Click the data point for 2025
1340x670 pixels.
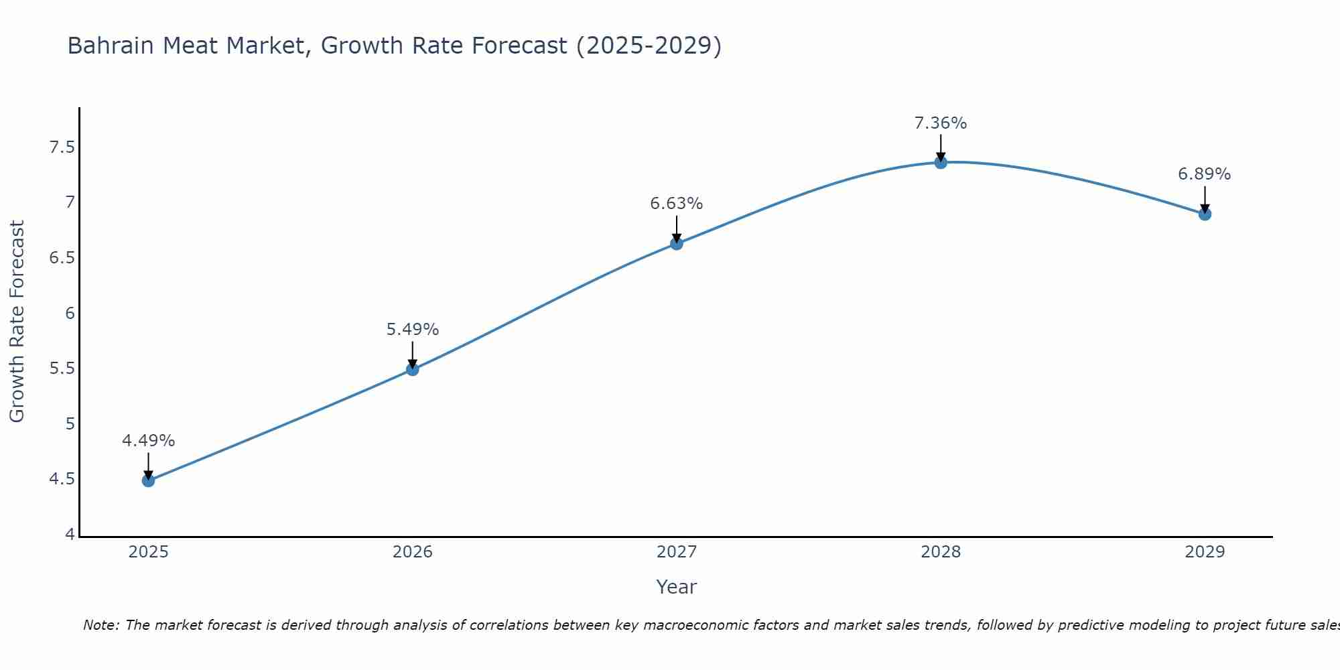click(148, 480)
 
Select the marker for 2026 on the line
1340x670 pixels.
click(412, 369)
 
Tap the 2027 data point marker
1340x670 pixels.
click(677, 243)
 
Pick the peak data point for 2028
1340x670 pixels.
click(941, 162)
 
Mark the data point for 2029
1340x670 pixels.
click(1205, 214)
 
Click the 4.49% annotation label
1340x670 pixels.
click(148, 441)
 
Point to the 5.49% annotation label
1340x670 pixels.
click(412, 330)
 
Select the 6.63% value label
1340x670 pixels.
click(677, 204)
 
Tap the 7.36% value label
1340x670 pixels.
click(941, 123)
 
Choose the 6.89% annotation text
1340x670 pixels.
click(1205, 174)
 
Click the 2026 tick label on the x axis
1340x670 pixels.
click(412, 552)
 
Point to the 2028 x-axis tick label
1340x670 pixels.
click(941, 552)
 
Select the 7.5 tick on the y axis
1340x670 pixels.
click(62, 147)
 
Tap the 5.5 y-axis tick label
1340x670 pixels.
click(62, 368)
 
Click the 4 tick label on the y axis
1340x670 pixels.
click(70, 535)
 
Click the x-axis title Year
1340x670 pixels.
click(677, 587)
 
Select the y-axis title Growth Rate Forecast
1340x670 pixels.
click(17, 322)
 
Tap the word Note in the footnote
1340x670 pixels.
click(100, 625)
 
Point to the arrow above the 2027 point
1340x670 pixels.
click(677, 228)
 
